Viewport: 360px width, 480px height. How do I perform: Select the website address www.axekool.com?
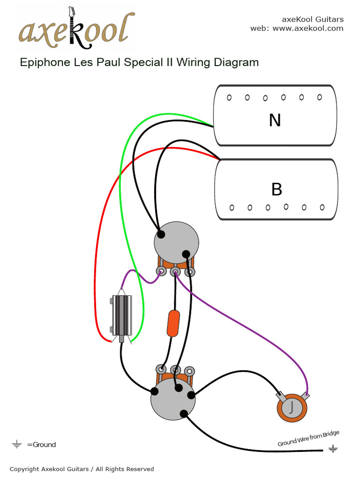pos(307,28)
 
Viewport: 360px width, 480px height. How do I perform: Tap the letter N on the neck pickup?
pos(275,120)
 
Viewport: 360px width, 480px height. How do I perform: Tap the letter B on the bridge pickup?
pos(277,189)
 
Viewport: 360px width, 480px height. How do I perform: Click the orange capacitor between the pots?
pos(173,322)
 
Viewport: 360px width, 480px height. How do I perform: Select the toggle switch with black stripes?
pos(122,315)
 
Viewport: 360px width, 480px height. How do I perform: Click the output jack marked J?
pos(292,406)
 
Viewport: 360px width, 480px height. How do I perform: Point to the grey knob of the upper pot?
pos(176,242)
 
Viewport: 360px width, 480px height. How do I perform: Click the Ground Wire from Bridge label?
pos(308,438)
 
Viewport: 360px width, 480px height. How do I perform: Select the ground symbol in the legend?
pos(17,444)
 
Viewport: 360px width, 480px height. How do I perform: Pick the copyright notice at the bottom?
pos(82,469)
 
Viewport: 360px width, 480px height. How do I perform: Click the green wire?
pos(121,187)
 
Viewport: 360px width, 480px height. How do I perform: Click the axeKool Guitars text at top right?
pos(312,19)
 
